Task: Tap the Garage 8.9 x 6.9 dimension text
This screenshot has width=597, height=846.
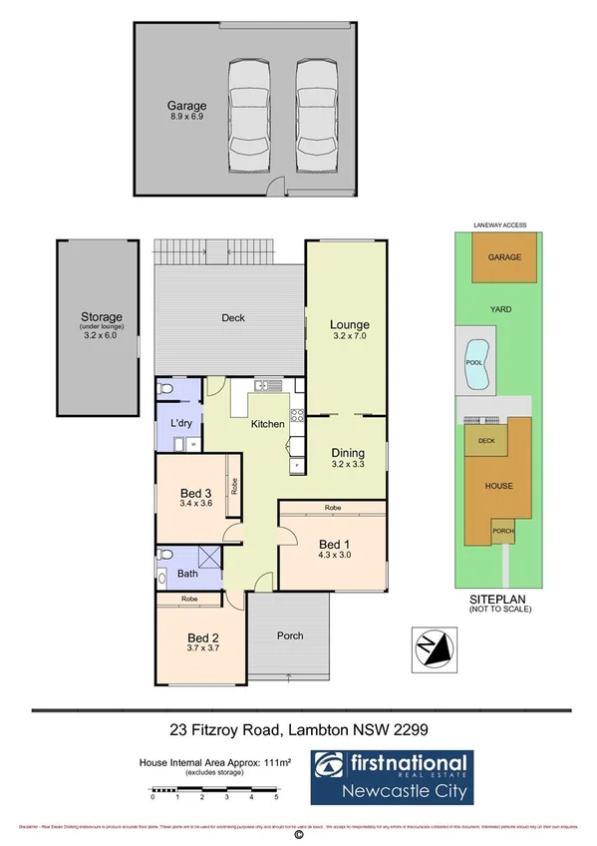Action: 186,116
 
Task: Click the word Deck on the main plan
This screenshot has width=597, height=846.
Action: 233,318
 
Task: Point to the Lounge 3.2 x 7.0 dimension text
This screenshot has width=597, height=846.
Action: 350,336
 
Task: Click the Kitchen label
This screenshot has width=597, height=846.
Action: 267,424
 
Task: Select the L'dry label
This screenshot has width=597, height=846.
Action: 180,424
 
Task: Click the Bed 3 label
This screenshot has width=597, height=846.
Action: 195,493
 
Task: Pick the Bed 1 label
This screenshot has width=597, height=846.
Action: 333,543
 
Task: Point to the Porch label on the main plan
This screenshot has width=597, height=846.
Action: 289,635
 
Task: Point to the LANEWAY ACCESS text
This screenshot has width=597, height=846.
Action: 502,225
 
